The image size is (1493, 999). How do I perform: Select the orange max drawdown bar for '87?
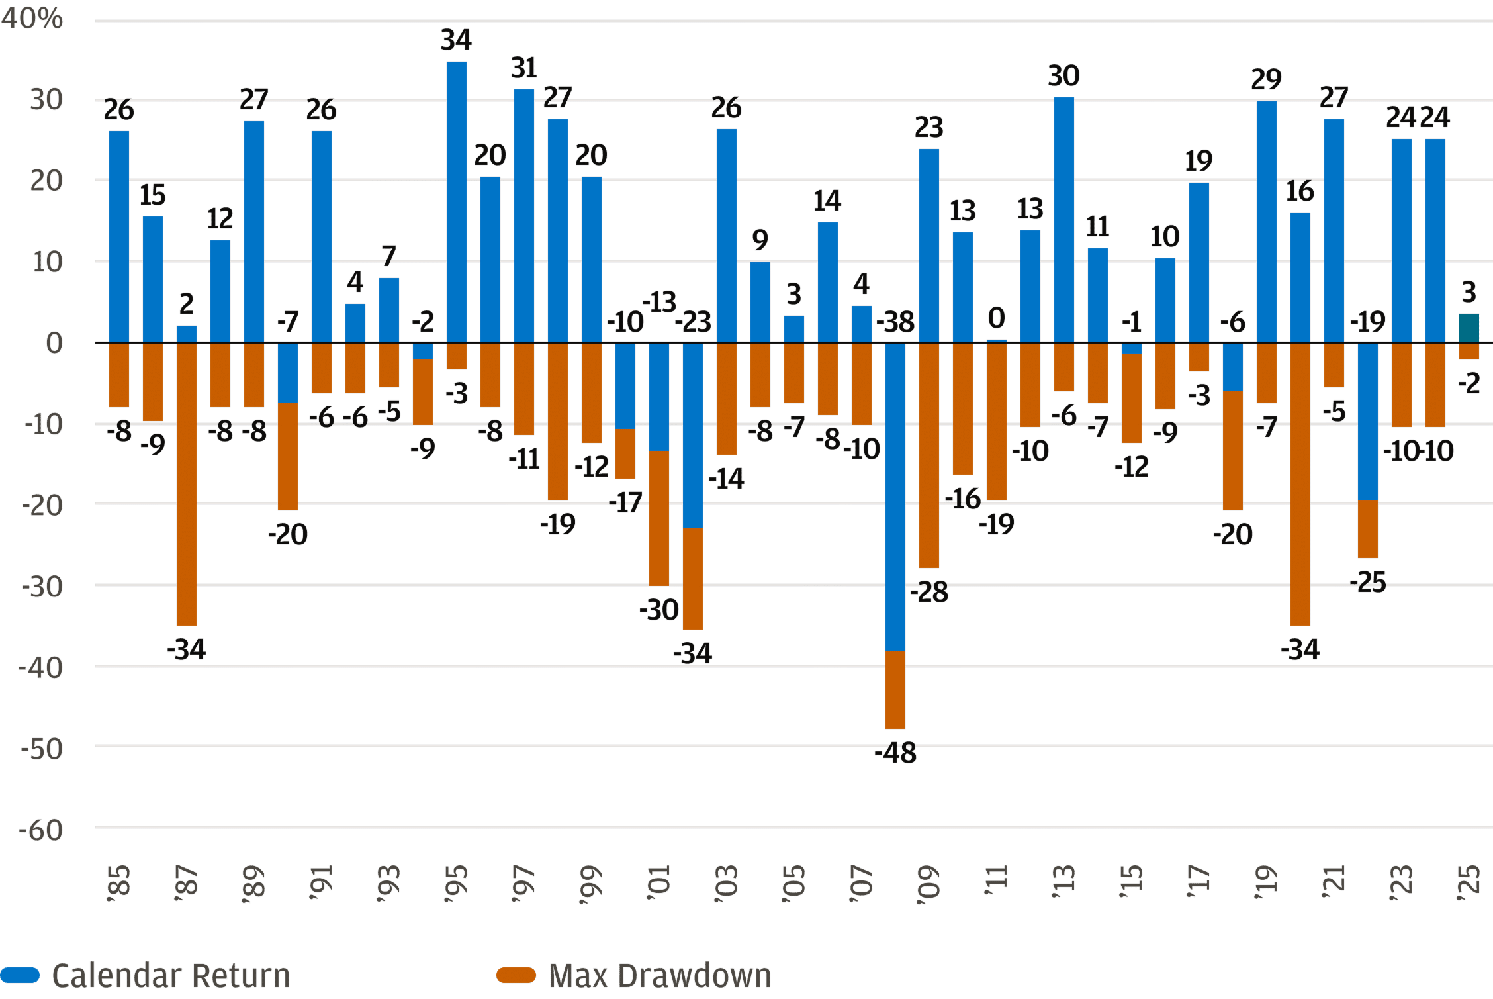point(187,483)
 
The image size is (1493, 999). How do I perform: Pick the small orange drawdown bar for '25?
point(1469,351)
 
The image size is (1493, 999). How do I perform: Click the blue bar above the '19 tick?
point(1267,222)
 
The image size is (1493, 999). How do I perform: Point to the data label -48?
point(895,753)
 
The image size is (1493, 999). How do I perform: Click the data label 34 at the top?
point(457,40)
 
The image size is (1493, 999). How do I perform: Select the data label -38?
point(895,322)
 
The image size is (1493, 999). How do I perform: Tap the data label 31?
point(524,68)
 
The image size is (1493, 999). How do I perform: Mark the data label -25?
point(1368,582)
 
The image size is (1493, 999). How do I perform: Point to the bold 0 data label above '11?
point(997,318)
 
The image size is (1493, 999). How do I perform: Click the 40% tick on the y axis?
point(32,19)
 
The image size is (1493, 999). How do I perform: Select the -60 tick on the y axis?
point(42,830)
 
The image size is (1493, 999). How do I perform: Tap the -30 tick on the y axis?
point(42,587)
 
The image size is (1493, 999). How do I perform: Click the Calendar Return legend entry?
point(170,976)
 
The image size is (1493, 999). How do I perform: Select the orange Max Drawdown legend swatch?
point(516,975)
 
